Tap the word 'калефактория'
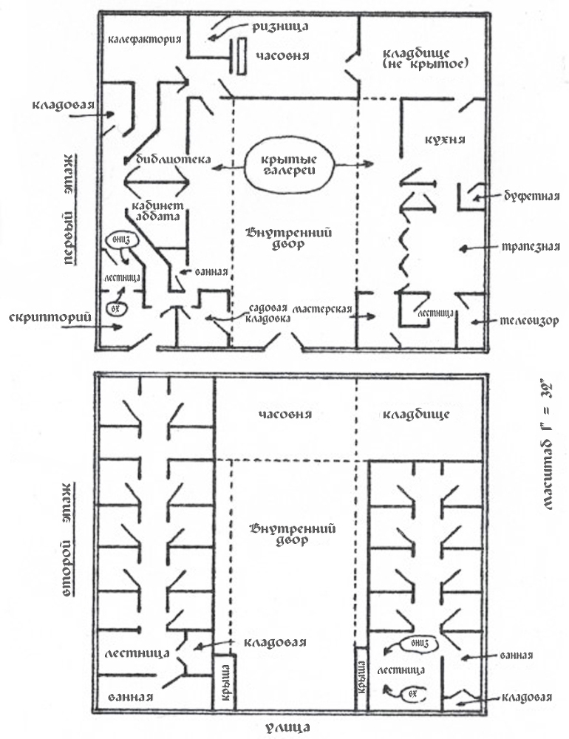[x=143, y=38]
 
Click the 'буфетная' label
[x=525, y=197]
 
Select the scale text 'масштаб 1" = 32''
[x=548, y=449]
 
